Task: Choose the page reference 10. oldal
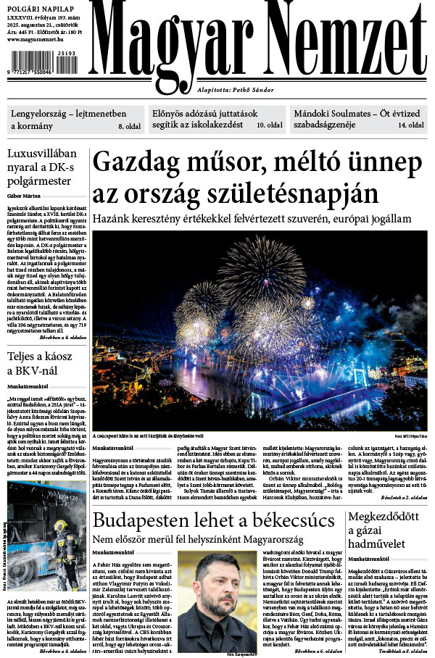coord(270,126)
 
